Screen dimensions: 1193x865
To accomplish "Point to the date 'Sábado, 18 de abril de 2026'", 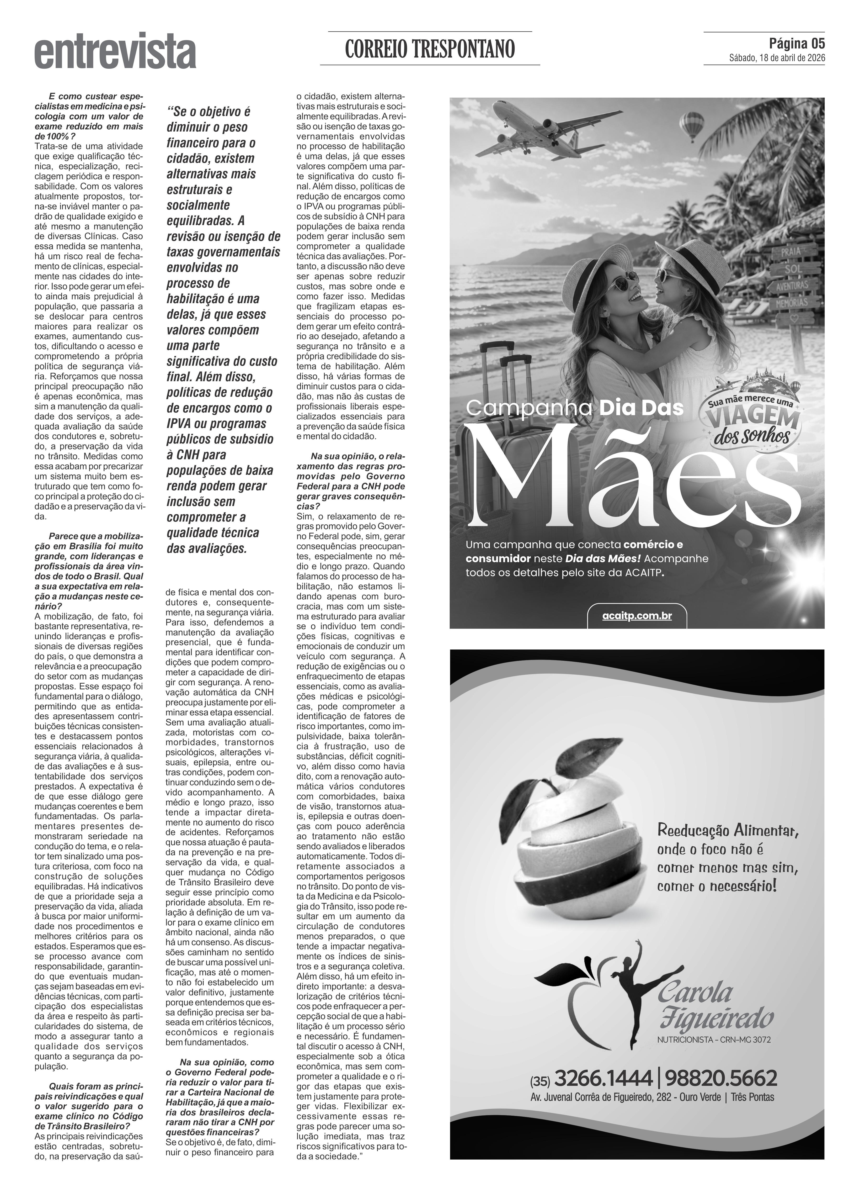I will (777, 58).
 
